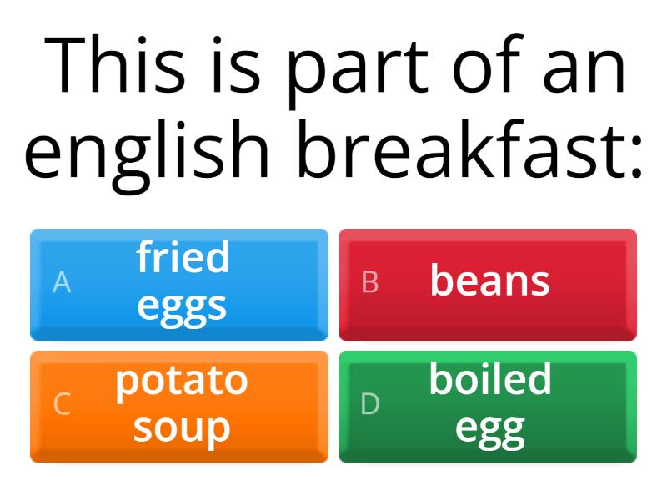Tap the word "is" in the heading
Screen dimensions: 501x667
pos(238,65)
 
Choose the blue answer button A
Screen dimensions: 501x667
pos(179,285)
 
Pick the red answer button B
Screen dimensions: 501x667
pos(488,285)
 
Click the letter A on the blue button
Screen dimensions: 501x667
pos(62,283)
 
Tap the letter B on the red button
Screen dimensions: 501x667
pos(370,283)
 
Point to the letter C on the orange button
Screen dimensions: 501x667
pos(62,405)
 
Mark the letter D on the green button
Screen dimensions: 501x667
pos(370,405)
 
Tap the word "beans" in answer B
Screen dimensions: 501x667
pos(490,281)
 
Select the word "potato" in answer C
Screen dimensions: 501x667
pos(182,381)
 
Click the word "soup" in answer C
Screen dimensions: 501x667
pos(182,428)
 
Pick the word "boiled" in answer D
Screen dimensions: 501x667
pos(490,380)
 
